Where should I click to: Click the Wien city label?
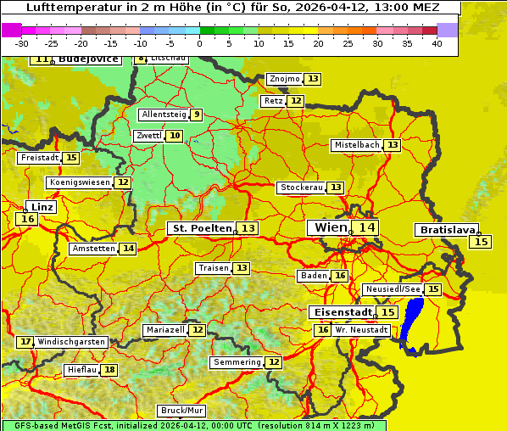[330, 227]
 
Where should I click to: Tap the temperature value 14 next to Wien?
[366, 227]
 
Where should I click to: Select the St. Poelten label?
[202, 228]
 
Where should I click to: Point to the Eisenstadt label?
[339, 312]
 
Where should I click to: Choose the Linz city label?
[42, 207]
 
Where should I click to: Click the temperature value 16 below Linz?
[27, 219]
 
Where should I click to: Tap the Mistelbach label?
[356, 145]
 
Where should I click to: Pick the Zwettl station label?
[148, 136]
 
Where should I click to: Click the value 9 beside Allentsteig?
[197, 115]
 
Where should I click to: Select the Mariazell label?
[165, 329]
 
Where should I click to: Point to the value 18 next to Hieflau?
[109, 370]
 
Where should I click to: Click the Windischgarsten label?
[71, 342]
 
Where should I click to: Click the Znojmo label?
[284, 79]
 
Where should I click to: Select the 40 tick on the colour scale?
[437, 43]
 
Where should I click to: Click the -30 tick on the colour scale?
[22, 43]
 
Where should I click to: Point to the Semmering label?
[237, 362]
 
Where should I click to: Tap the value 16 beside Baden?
[340, 276]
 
